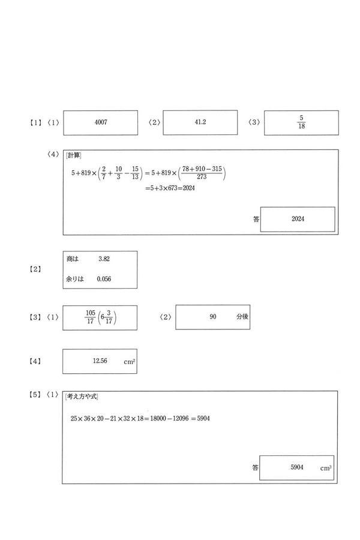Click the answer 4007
(100, 122)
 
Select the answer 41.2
(200, 122)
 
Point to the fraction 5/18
(301, 122)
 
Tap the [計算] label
(73, 156)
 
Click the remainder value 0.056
(104, 278)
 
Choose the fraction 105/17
(91, 317)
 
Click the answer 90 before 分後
(213, 317)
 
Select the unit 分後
(242, 317)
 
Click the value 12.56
(100, 361)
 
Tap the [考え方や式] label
(82, 396)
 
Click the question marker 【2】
(35, 269)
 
